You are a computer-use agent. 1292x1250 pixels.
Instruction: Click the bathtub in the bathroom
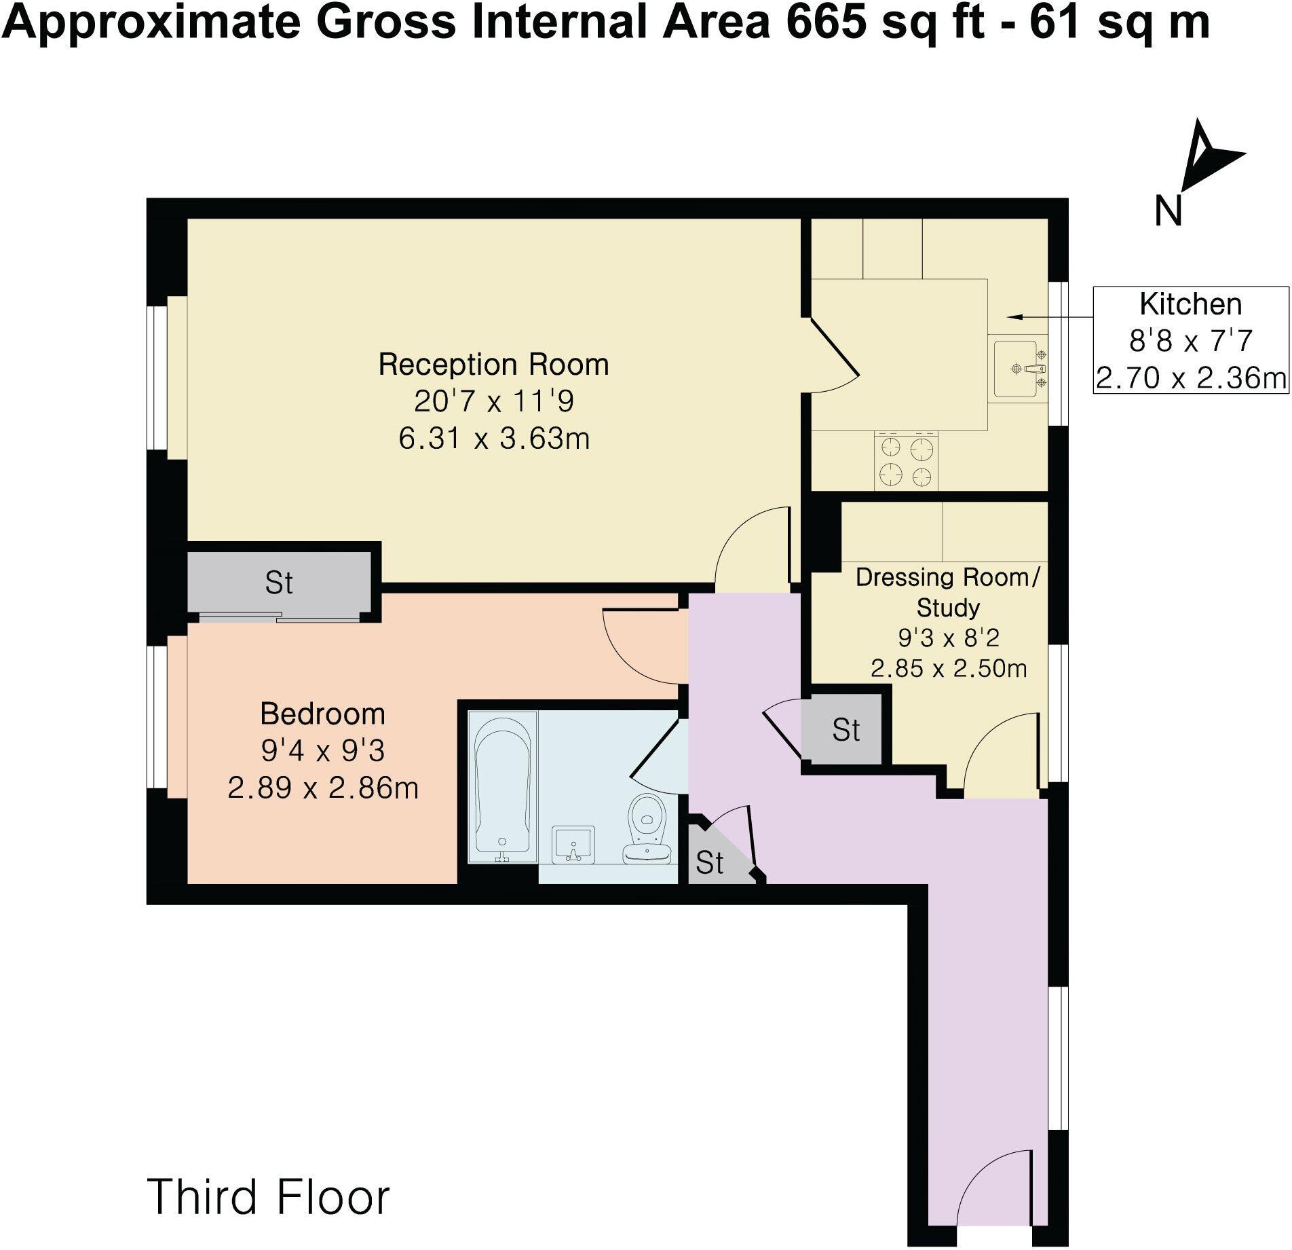click(503, 786)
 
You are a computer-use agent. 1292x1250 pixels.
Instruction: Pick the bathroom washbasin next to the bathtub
click(573, 845)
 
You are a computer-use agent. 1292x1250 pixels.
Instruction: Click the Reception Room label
click(493, 365)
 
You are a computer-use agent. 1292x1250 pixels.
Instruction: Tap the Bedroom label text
click(322, 714)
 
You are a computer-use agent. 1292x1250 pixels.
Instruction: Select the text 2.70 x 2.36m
click(1191, 378)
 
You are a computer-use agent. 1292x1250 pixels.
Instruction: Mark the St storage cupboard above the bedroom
click(279, 583)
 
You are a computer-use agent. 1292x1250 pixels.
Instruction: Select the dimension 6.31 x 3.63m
click(493, 439)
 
